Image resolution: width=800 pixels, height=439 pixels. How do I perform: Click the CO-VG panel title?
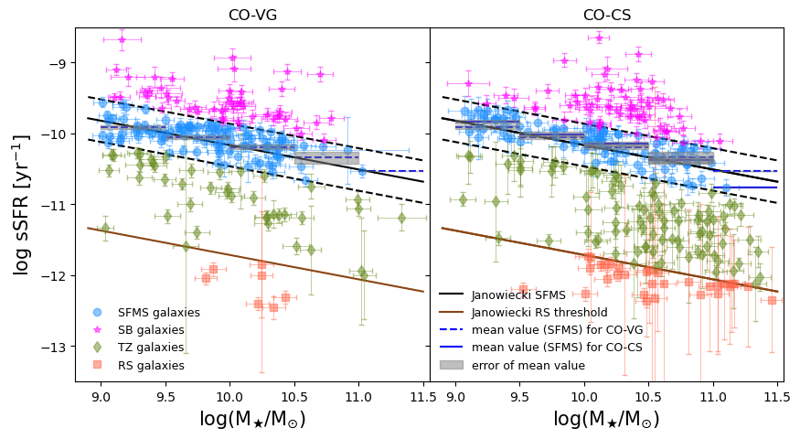[x=252, y=15]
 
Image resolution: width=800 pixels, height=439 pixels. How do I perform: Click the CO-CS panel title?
[x=607, y=15]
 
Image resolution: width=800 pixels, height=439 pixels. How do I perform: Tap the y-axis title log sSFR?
[x=22, y=205]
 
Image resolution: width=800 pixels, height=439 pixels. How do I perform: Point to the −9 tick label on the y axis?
[x=56, y=63]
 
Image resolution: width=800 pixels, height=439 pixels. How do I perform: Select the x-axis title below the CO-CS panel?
[x=607, y=420]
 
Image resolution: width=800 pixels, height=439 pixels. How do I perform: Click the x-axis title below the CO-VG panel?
[x=252, y=420]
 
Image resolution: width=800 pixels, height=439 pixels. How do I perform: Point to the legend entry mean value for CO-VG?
[x=559, y=330]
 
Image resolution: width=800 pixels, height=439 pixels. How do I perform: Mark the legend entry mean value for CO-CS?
[x=558, y=348]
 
